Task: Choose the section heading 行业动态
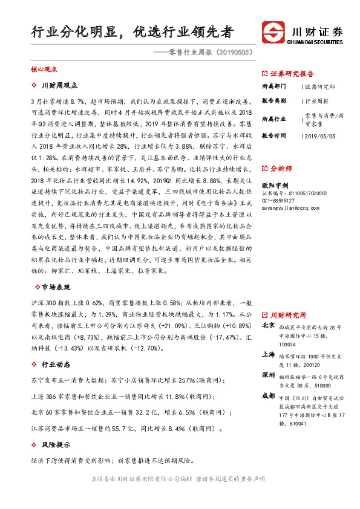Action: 55,365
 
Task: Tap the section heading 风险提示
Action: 55,445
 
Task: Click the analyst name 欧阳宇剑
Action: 274,185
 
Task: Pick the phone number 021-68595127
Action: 278,200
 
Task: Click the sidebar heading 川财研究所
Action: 288,315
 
